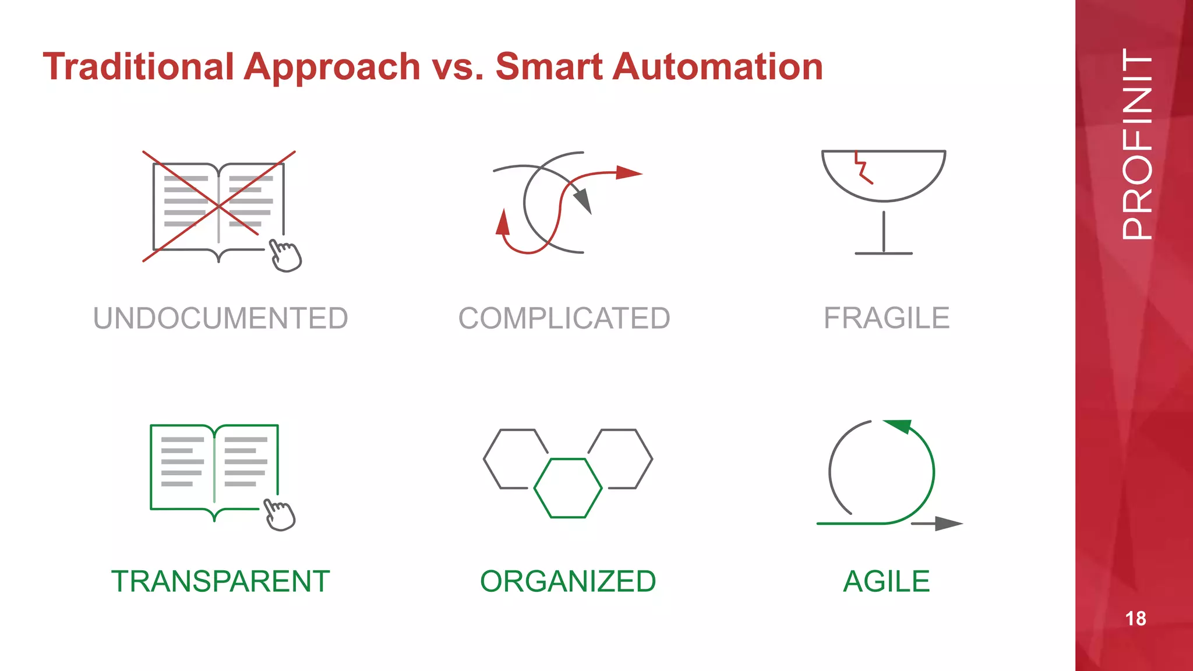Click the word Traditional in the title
tap(139, 66)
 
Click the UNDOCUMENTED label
tap(221, 319)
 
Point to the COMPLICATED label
tap(564, 319)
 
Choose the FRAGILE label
tap(886, 319)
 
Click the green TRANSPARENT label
tap(221, 581)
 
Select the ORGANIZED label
tap(568, 581)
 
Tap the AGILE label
tap(886, 581)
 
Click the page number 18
tap(1135, 619)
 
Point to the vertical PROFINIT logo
tap(1136, 144)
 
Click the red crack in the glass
tap(862, 169)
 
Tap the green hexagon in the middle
tap(568, 488)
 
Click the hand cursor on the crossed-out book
tap(285, 256)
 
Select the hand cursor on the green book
tap(280, 515)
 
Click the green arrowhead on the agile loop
tap(899, 426)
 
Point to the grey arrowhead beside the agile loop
tap(948, 524)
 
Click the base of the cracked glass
tap(884, 253)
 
